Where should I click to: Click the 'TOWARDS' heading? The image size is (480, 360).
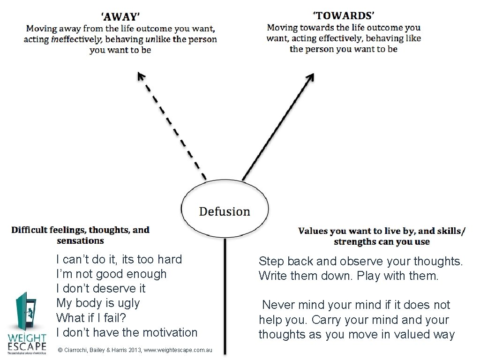344,15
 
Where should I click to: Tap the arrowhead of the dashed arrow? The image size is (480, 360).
141,76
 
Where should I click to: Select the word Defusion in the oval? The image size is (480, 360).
225,211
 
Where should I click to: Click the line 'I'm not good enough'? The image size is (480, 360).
111,274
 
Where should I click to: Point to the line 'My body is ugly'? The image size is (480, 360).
97,303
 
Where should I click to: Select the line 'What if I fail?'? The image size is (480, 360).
91,318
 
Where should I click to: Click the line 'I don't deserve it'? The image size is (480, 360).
101,288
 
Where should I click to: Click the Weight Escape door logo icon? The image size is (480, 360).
25,312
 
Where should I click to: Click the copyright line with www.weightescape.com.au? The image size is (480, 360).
134,350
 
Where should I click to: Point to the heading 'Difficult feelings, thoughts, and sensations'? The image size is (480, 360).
81,235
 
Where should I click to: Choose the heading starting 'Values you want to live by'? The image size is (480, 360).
382,236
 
